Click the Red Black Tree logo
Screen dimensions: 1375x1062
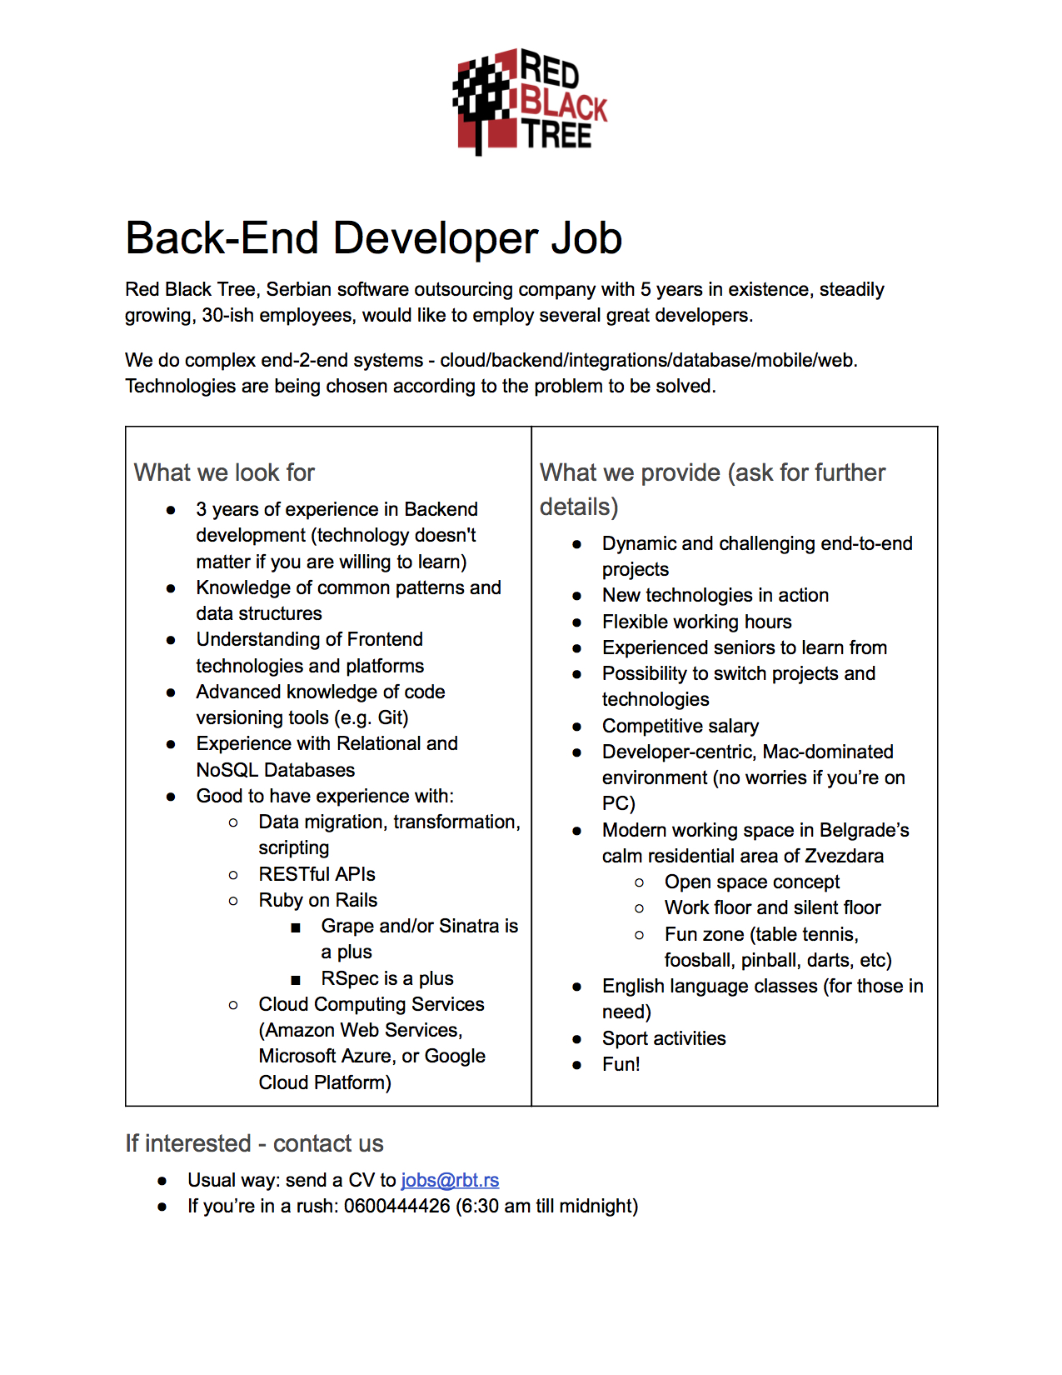[x=531, y=101]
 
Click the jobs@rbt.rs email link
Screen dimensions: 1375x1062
[x=450, y=1180]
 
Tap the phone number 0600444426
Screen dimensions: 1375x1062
[x=396, y=1206]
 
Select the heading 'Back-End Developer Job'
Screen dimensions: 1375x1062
[x=373, y=238]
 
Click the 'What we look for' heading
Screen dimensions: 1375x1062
[x=224, y=472]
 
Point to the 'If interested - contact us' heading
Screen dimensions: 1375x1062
[x=254, y=1143]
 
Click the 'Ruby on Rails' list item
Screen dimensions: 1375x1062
[x=317, y=900]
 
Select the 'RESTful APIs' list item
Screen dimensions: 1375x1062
[x=317, y=874]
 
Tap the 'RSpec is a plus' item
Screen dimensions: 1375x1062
[x=387, y=978]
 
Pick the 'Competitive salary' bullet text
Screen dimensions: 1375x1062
[x=681, y=726]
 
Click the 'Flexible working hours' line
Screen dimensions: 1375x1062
[x=696, y=622]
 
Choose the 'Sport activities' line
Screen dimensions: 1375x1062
[x=664, y=1038]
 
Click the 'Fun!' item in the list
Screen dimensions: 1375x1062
[x=621, y=1064]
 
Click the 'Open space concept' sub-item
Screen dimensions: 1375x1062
[x=751, y=882]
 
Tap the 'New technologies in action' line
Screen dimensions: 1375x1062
[x=715, y=595]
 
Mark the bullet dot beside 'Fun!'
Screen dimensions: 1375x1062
[x=576, y=1065]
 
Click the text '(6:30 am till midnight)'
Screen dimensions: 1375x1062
[x=546, y=1206]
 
